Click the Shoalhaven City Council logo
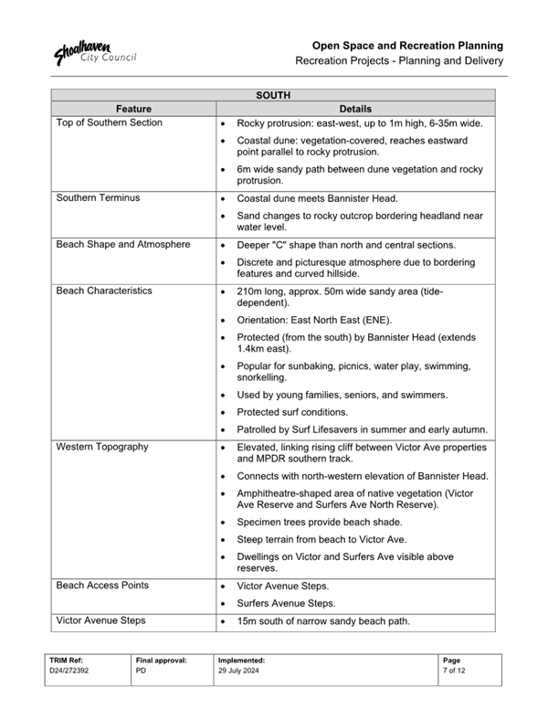click(94, 53)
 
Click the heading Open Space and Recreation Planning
click(407, 45)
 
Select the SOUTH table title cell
click(273, 94)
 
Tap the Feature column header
click(133, 108)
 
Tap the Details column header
click(355, 108)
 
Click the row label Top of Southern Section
click(109, 122)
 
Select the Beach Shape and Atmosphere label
click(122, 245)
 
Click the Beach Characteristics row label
click(104, 291)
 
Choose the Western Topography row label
click(101, 448)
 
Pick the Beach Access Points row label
click(102, 585)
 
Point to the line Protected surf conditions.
click(305, 412)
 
